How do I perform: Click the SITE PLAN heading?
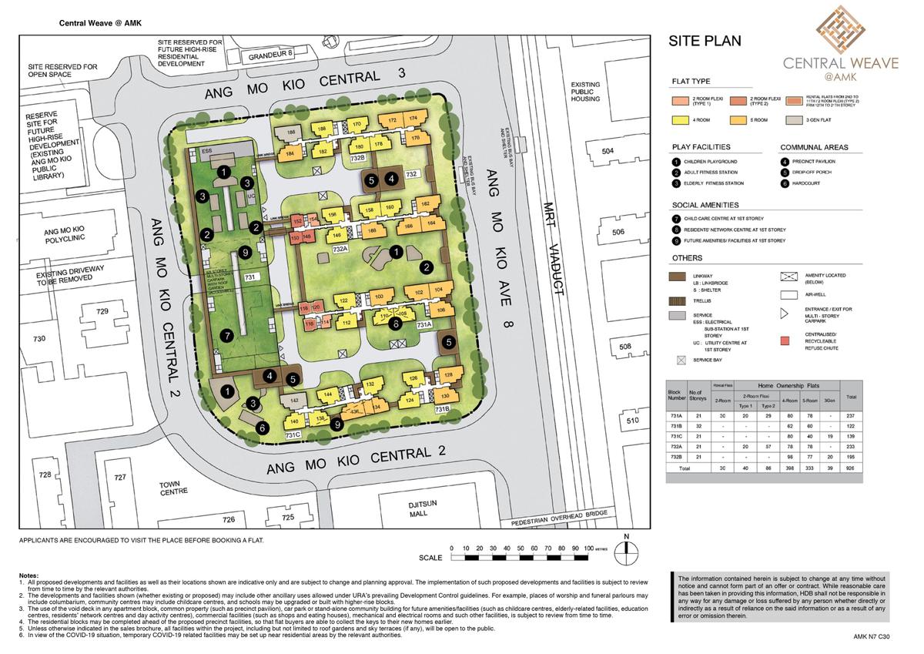(x=705, y=41)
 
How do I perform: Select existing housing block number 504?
(x=609, y=152)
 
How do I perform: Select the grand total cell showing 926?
(x=851, y=467)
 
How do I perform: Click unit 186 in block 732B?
(x=290, y=132)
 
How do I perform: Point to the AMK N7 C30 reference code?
(x=872, y=636)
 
